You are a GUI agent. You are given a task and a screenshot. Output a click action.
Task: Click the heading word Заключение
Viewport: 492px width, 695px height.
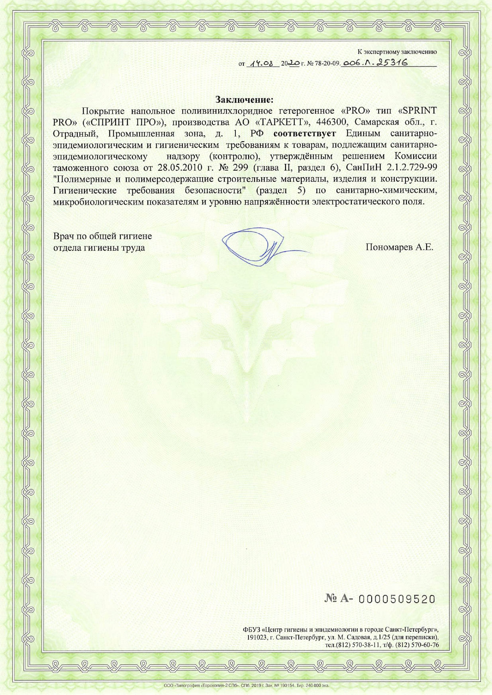coord(245,99)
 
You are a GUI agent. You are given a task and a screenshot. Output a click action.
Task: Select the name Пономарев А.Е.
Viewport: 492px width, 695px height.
coord(399,247)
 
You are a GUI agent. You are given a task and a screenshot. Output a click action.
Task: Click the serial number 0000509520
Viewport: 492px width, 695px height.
coord(397,599)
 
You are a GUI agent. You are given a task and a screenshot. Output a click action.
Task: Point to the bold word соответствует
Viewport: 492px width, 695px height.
coord(305,133)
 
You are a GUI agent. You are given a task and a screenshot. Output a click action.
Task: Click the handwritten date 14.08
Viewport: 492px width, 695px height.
coord(263,63)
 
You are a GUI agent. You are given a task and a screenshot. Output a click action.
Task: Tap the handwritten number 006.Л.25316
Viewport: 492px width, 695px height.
coord(375,63)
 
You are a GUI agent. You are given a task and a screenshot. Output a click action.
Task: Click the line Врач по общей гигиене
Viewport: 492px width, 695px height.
coord(102,236)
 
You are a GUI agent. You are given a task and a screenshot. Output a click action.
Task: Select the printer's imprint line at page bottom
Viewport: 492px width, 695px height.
coord(246,685)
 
